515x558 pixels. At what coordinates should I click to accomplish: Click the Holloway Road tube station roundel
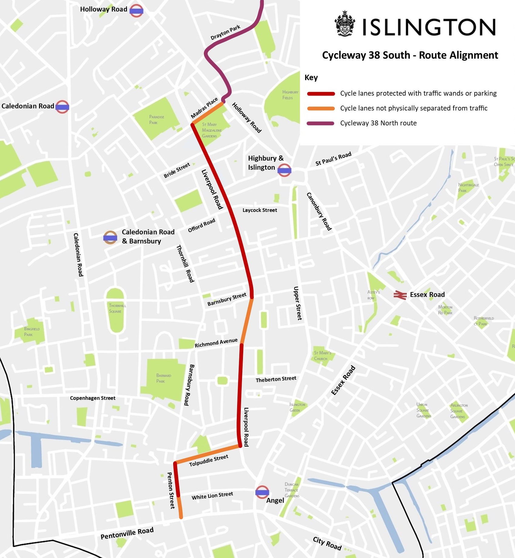[x=136, y=11]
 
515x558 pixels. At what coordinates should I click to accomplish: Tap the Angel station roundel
[x=262, y=492]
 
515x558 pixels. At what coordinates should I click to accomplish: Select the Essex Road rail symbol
[x=400, y=295]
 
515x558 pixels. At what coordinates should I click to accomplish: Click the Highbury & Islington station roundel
[x=284, y=170]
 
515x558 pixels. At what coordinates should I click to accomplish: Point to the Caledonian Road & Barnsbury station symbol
[x=110, y=237]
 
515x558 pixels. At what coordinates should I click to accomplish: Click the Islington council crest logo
[x=345, y=24]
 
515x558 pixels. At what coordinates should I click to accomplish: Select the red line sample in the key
[x=321, y=94]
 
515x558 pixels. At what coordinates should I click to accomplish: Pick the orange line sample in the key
[x=321, y=108]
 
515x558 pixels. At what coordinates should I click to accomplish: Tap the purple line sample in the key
[x=321, y=123]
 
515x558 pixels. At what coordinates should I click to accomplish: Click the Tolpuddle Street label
[x=209, y=461]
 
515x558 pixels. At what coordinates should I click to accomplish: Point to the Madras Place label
[x=204, y=108]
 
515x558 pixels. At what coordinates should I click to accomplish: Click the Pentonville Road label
[x=127, y=533]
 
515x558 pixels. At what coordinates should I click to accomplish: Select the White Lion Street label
[x=212, y=496]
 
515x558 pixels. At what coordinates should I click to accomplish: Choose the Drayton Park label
[x=225, y=32]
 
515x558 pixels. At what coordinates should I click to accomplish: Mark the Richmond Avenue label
[x=216, y=343]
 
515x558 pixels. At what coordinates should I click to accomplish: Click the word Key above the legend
[x=311, y=78]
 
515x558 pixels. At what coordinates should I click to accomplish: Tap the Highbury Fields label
[x=290, y=95]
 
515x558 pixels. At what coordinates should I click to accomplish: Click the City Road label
[x=327, y=543]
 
